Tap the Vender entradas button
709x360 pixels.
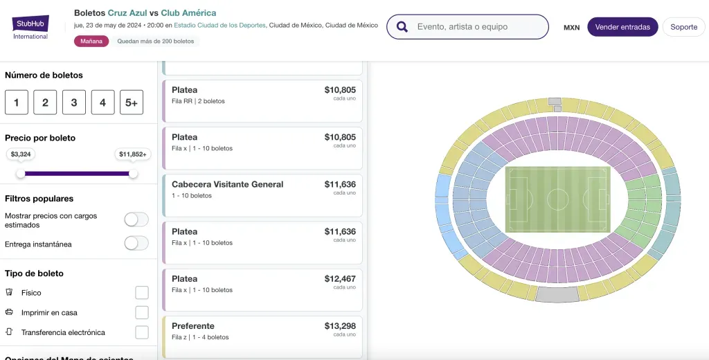tap(622, 27)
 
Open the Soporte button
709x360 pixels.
tap(683, 27)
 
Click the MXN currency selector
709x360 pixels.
tap(571, 28)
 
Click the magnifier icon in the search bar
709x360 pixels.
tap(402, 27)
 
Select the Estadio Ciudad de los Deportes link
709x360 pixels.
tap(219, 25)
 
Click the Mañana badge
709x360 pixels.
tap(91, 41)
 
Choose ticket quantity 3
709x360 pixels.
tap(73, 102)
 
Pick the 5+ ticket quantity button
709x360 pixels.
tap(131, 102)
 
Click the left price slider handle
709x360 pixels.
tap(21, 174)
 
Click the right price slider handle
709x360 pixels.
tap(133, 174)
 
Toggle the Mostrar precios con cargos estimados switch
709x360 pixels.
tap(136, 219)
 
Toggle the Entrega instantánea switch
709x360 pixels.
tap(136, 243)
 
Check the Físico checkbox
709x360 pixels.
tap(142, 293)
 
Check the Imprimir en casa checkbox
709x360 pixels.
tap(142, 312)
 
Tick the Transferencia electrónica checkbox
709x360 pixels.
tap(142, 332)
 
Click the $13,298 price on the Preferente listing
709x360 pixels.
tap(340, 326)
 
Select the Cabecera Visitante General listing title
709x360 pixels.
tap(227, 184)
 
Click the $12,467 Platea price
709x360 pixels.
tap(340, 279)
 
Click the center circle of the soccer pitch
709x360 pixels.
tap(557, 199)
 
